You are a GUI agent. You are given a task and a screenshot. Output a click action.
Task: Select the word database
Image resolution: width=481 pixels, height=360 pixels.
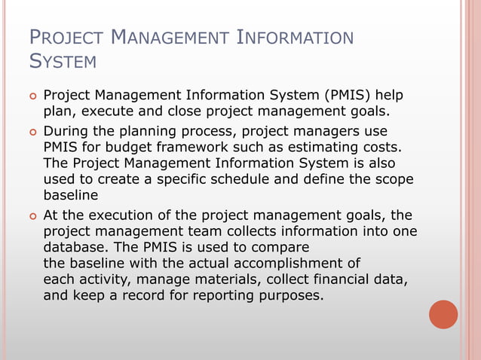(75, 248)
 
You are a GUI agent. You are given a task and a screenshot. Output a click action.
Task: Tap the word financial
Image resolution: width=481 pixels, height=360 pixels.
(336, 280)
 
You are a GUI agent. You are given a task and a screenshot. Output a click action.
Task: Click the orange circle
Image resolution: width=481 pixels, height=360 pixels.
(443, 315)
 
